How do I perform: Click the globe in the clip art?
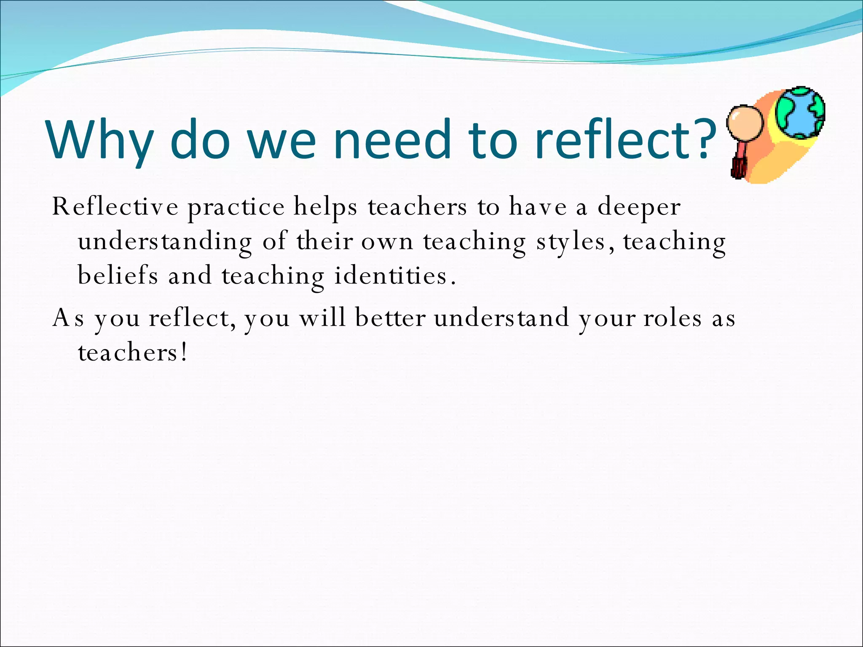[800, 113]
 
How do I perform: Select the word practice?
[236, 208]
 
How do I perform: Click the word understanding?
[165, 242]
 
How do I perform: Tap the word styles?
[571, 242]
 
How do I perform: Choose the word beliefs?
[118, 276]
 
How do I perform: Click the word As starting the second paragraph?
[68, 318]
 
